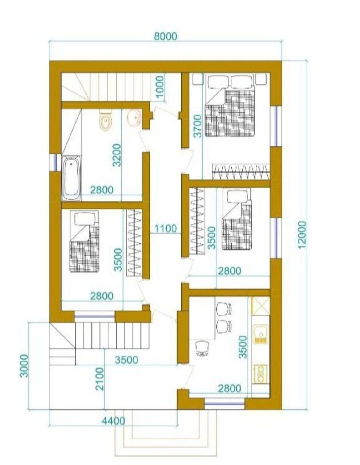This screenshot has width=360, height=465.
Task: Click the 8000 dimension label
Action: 166,36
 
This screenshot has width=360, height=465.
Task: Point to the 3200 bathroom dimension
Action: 117,155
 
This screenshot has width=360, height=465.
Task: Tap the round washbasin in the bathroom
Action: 134,117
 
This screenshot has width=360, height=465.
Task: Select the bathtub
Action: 72,178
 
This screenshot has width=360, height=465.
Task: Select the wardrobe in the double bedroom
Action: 241,171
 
